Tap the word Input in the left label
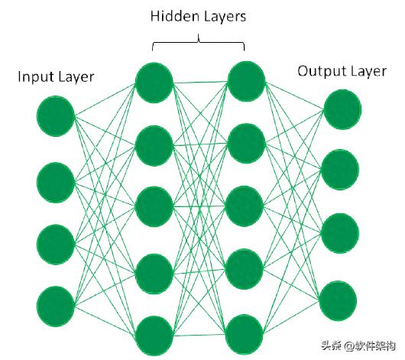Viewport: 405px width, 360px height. point(35,77)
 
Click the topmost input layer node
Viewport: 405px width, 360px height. point(56,115)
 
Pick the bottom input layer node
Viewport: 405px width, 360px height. point(56,306)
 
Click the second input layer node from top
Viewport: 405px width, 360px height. point(56,183)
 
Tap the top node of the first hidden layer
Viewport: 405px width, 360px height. point(154,83)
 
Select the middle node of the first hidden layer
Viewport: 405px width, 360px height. point(154,206)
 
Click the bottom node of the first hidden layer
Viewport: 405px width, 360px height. point(154,336)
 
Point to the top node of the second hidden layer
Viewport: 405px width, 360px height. point(247,82)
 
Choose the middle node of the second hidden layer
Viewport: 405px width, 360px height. point(245,206)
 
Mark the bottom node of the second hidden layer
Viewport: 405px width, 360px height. point(245,335)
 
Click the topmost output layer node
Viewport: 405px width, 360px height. point(342,109)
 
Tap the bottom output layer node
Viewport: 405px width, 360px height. point(338,301)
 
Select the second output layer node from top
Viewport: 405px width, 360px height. point(340,170)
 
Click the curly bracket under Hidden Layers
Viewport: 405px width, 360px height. point(199,42)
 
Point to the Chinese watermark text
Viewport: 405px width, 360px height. point(358,345)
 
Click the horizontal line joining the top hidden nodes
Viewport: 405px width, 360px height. point(200,83)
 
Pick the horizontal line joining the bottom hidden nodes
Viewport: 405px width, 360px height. point(199,336)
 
